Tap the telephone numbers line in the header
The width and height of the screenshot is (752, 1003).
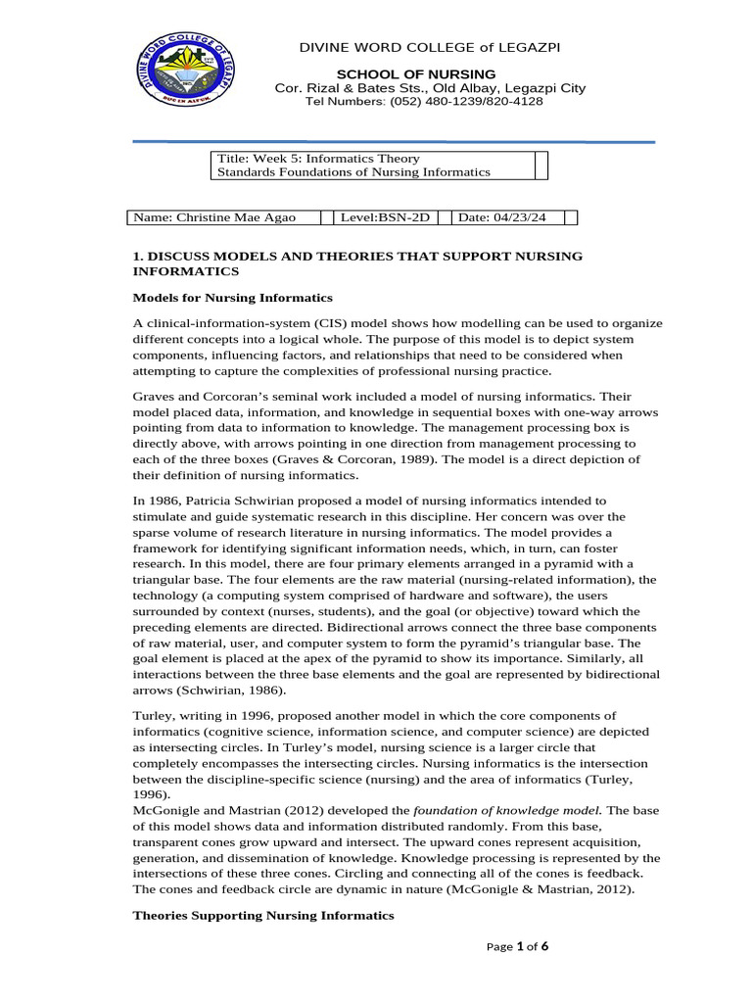click(424, 102)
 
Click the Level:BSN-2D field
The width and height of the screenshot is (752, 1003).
click(386, 217)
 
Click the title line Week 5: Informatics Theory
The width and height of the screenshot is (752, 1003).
click(318, 159)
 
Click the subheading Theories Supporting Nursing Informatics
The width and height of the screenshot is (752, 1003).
click(262, 915)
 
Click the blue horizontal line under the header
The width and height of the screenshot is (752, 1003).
click(394, 141)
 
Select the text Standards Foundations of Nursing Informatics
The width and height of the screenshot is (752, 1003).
click(353, 172)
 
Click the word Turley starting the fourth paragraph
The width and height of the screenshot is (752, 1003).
click(152, 715)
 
